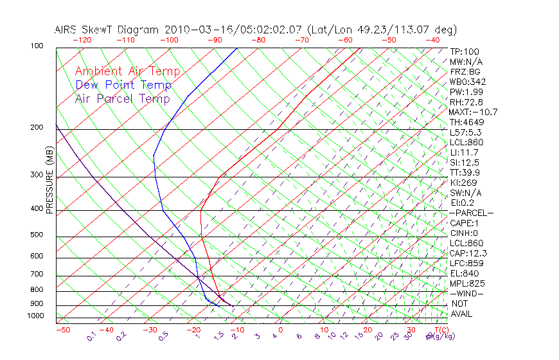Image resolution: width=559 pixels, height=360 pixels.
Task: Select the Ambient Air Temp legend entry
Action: pyautogui.click(x=127, y=72)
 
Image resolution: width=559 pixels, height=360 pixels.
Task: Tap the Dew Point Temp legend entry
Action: pyautogui.click(x=123, y=85)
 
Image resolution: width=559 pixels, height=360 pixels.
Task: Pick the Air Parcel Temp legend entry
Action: pyautogui.click(x=122, y=99)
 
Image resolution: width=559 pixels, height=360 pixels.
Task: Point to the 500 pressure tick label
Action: pyautogui.click(x=36, y=235)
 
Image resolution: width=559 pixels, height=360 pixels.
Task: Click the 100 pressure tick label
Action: pyautogui.click(x=36, y=46)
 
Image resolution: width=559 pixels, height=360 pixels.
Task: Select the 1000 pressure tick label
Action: pyautogui.click(x=35, y=316)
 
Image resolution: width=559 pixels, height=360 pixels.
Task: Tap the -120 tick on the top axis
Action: pyautogui.click(x=82, y=40)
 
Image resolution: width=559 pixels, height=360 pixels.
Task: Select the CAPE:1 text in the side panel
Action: pyautogui.click(x=464, y=223)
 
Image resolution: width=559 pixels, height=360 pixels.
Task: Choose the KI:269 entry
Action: pyautogui.click(x=464, y=183)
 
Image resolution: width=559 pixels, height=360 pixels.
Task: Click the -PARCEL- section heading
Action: pyautogui.click(x=471, y=213)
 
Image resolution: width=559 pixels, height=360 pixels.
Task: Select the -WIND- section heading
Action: pyautogui.click(x=467, y=294)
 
